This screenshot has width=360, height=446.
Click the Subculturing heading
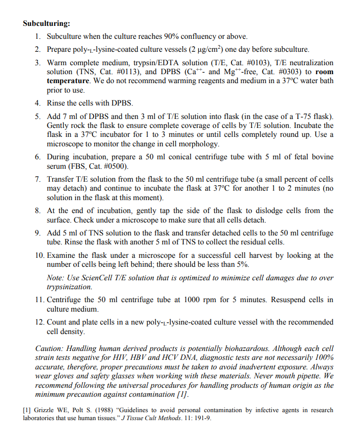(46, 23)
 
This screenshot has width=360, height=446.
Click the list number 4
(37, 103)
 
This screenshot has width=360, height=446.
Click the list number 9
(37, 233)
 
